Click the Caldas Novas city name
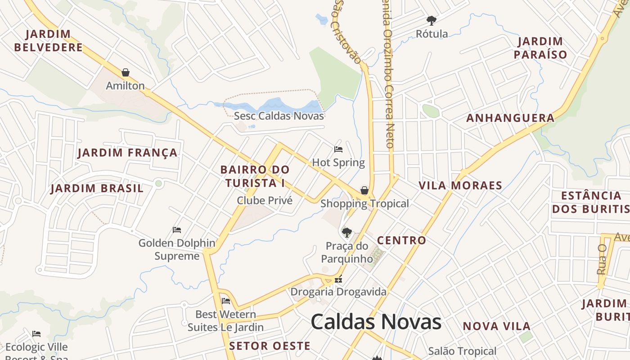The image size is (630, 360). [376, 321]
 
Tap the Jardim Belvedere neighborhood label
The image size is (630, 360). [49, 40]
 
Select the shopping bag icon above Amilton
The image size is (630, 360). [126, 72]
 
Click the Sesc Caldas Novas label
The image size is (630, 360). [279, 116]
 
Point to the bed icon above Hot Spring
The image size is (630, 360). [338, 149]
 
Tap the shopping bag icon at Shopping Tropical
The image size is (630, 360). [364, 190]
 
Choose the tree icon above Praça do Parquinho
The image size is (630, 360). [346, 233]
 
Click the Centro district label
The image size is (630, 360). [401, 240]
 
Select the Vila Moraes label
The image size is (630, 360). [460, 185]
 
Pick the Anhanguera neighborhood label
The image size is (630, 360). [510, 118]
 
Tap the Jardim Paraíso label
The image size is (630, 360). [540, 48]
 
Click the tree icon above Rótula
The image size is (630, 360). [432, 21]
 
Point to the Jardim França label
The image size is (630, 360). [128, 153]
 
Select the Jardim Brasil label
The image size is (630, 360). [97, 188]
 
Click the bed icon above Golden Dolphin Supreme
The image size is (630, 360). [177, 230]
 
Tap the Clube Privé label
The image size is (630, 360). [265, 200]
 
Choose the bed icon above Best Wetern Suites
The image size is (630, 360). [226, 301]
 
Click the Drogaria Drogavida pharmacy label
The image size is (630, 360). [338, 292]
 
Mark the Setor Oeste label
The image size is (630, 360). [270, 346]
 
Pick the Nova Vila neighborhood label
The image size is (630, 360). [497, 326]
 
